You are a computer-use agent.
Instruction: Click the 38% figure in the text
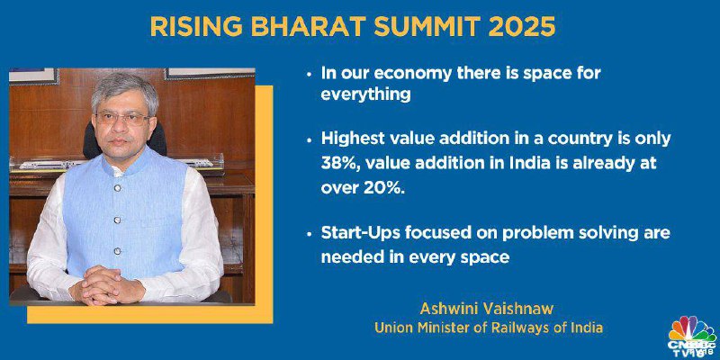pyautogui.click(x=337, y=165)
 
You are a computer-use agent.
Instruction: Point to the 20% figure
pyautogui.click(x=387, y=189)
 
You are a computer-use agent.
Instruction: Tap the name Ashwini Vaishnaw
pyautogui.click(x=487, y=309)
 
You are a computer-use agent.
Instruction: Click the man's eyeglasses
pyautogui.click(x=122, y=118)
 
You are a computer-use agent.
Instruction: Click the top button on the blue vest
pyautogui.click(x=117, y=188)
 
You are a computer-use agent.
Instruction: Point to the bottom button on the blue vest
pyautogui.click(x=117, y=251)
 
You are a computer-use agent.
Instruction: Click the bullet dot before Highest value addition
pyautogui.click(x=310, y=140)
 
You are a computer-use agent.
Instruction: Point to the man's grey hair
pyautogui.click(x=124, y=88)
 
